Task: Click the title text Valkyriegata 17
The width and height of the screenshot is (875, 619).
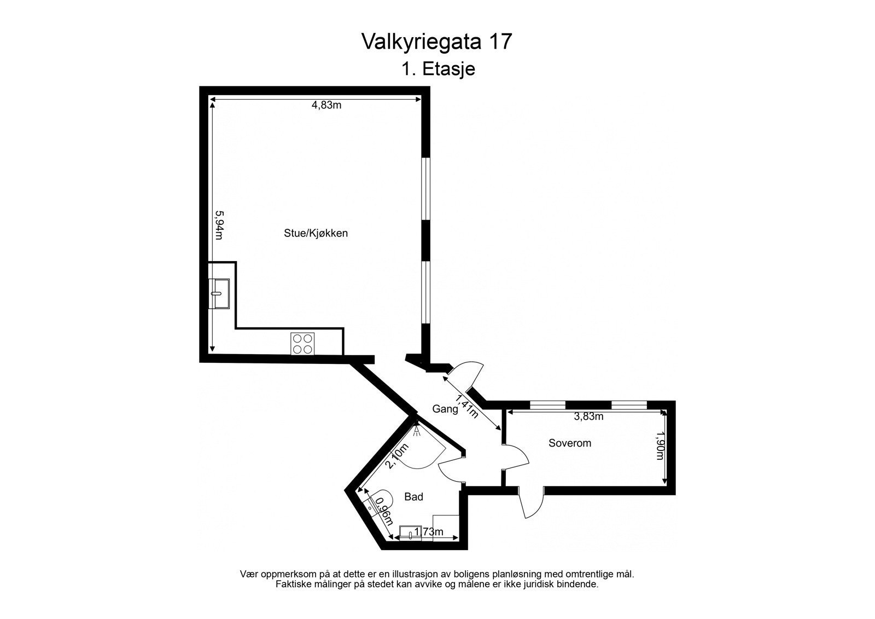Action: [x=437, y=42]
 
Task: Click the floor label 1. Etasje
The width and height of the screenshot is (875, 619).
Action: [x=437, y=70]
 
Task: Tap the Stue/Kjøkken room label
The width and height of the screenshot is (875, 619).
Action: [x=316, y=233]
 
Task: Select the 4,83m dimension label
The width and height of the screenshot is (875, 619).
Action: [x=326, y=106]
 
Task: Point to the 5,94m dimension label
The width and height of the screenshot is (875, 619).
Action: [x=219, y=225]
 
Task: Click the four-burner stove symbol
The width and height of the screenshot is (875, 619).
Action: [x=302, y=343]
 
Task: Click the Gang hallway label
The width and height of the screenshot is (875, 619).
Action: [x=445, y=409]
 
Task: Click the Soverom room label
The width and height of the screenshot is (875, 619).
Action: [x=570, y=443]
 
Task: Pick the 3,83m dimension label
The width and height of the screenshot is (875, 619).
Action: [x=588, y=416]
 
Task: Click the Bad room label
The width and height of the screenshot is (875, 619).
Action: [x=413, y=497]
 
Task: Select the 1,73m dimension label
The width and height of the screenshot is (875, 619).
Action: [x=428, y=532]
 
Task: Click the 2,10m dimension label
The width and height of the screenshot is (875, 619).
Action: [x=397, y=457]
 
